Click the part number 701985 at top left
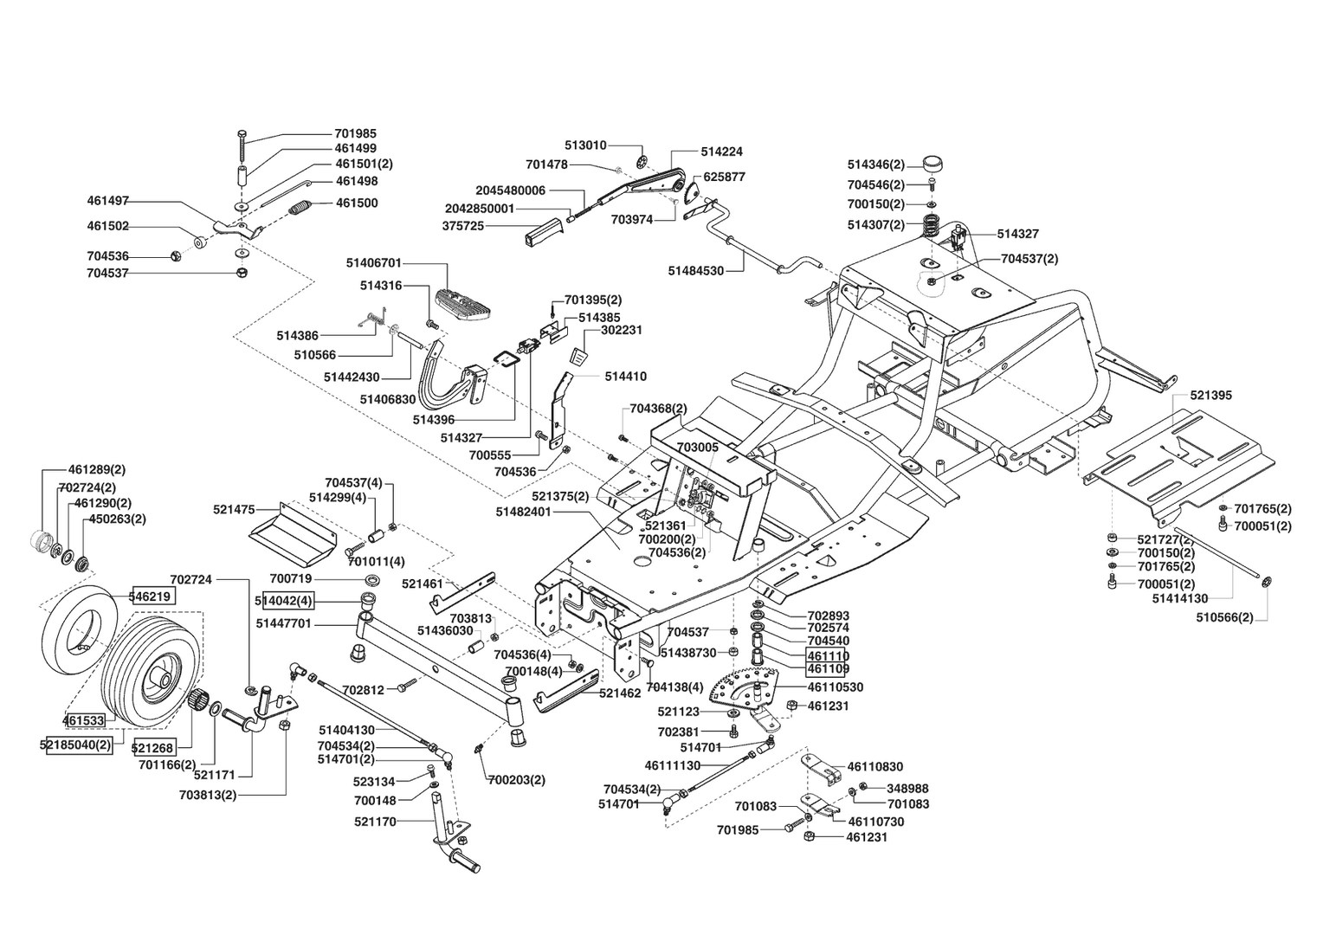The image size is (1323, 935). tap(355, 134)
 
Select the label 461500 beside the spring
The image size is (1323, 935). tap(356, 203)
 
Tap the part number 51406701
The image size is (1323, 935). tap(373, 261)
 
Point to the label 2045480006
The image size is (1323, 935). tap(510, 190)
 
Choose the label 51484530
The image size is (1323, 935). tap(695, 271)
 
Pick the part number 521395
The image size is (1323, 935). tap(1210, 396)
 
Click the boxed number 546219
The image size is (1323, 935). tap(152, 596)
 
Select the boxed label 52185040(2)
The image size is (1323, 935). tap(78, 745)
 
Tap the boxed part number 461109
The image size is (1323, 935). tap(828, 669)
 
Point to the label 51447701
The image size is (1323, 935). tap(284, 623)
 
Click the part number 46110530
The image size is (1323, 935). tap(835, 687)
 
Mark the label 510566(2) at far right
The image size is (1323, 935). tap(1224, 618)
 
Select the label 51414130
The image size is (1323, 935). tap(1180, 598)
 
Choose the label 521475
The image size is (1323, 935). tap(234, 510)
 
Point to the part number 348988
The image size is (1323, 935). tap(907, 789)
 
